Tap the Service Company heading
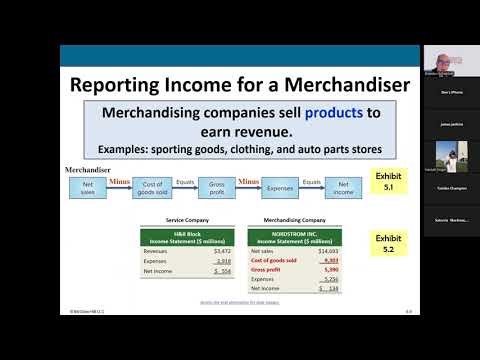[x=178, y=221]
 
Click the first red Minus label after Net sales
[x=120, y=181]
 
